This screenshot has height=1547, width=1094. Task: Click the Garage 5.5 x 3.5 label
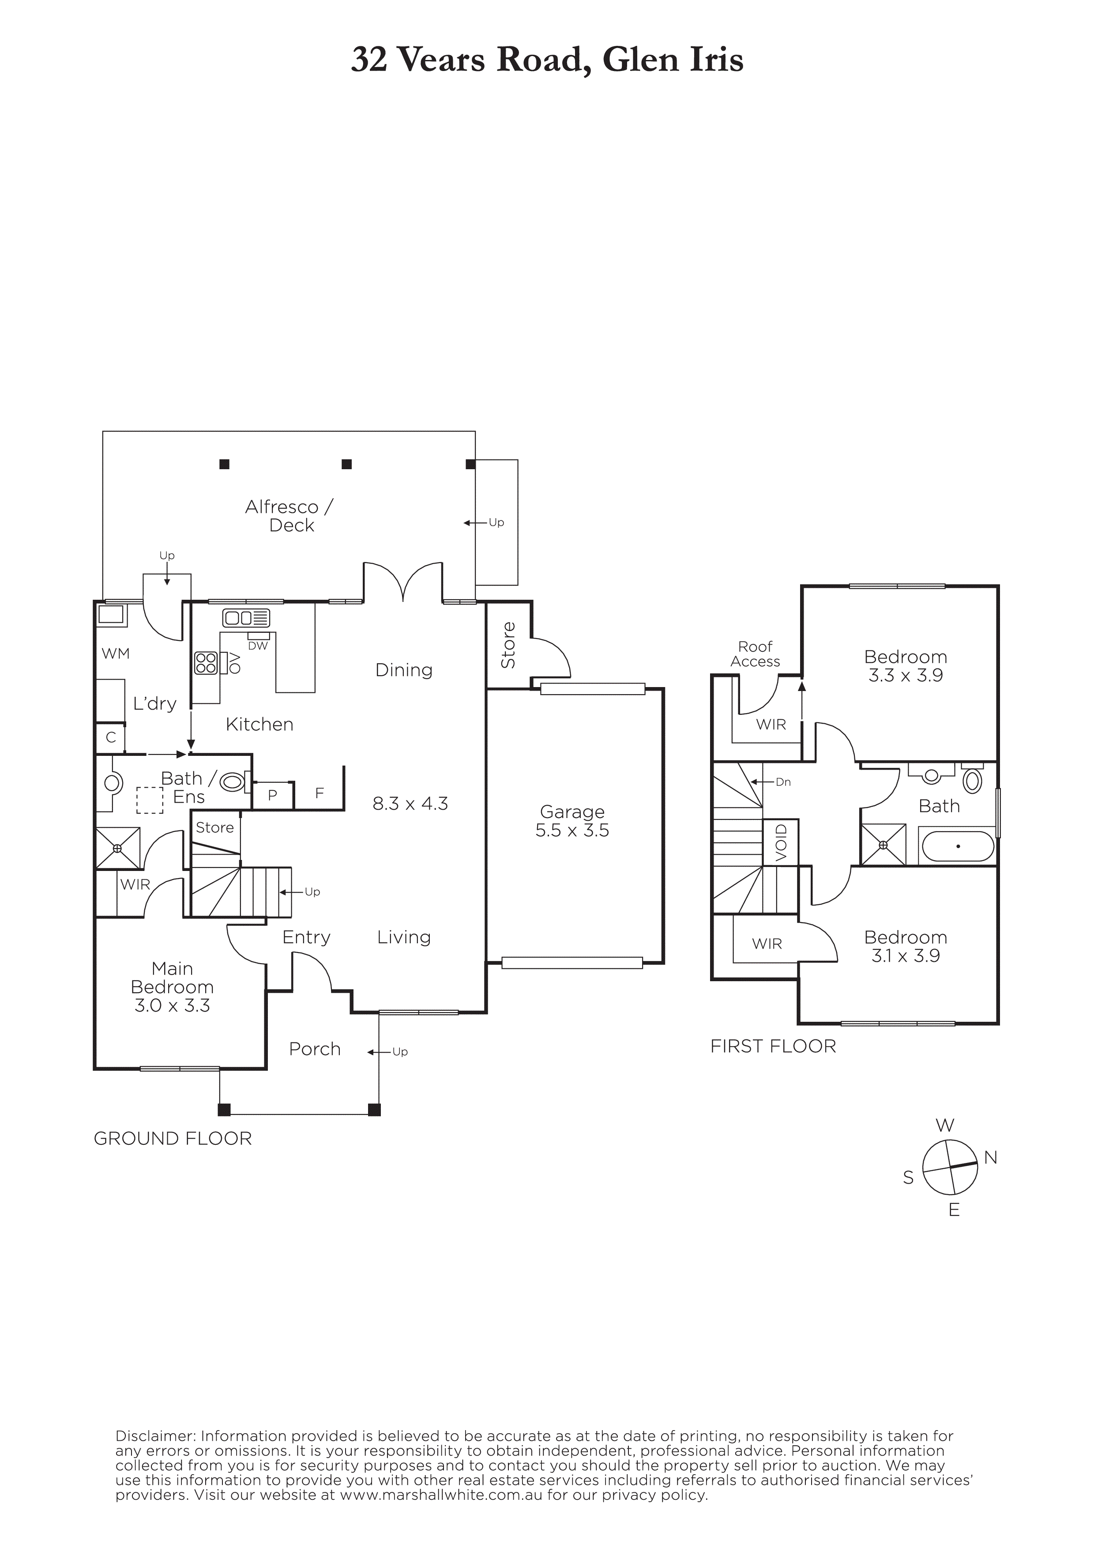pos(572,821)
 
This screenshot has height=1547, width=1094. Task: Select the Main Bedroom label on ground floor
pos(173,987)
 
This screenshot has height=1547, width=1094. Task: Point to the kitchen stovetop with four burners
pos(206,663)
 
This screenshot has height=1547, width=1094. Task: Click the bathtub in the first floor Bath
pos(957,846)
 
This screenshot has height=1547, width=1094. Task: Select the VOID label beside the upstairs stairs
pos(781,842)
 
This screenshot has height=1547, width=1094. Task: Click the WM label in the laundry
pos(115,653)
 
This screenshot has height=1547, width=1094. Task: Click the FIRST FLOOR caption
pos(773,1046)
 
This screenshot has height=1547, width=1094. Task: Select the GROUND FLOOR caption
pos(173,1139)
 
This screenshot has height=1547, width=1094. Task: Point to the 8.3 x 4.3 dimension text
pos(410,803)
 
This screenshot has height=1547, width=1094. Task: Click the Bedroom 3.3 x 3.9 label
pos(905,666)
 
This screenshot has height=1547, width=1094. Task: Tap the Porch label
pos(315,1049)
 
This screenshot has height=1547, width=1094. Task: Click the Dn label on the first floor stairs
pos(783,782)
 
